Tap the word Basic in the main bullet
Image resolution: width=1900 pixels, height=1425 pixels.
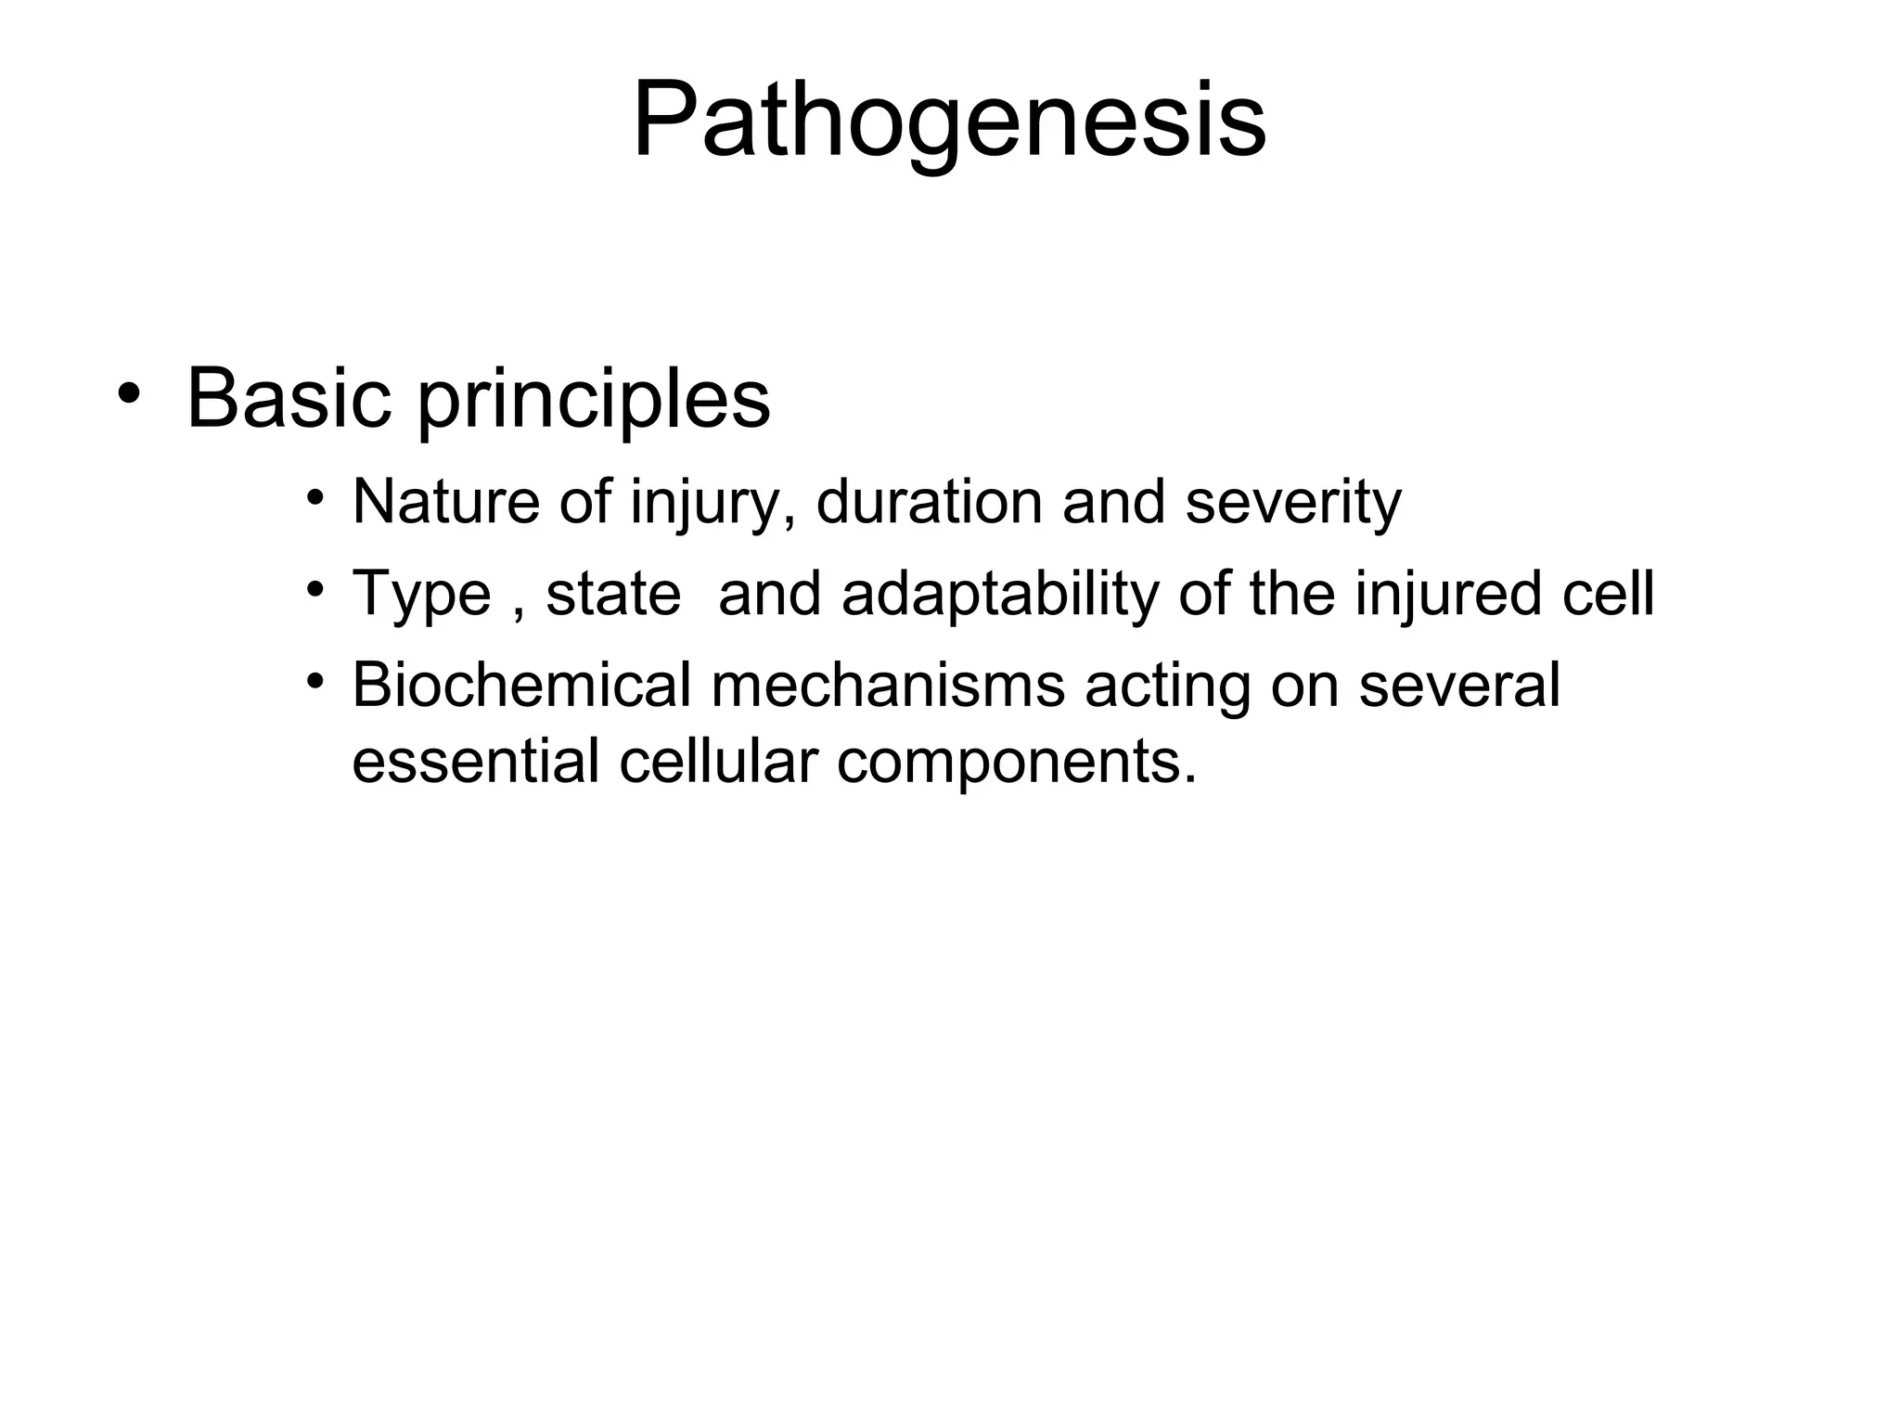point(289,399)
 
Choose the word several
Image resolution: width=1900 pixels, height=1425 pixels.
point(1458,686)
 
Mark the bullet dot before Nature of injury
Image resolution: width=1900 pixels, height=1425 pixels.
point(315,496)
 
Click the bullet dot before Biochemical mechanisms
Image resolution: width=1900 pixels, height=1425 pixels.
point(315,681)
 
